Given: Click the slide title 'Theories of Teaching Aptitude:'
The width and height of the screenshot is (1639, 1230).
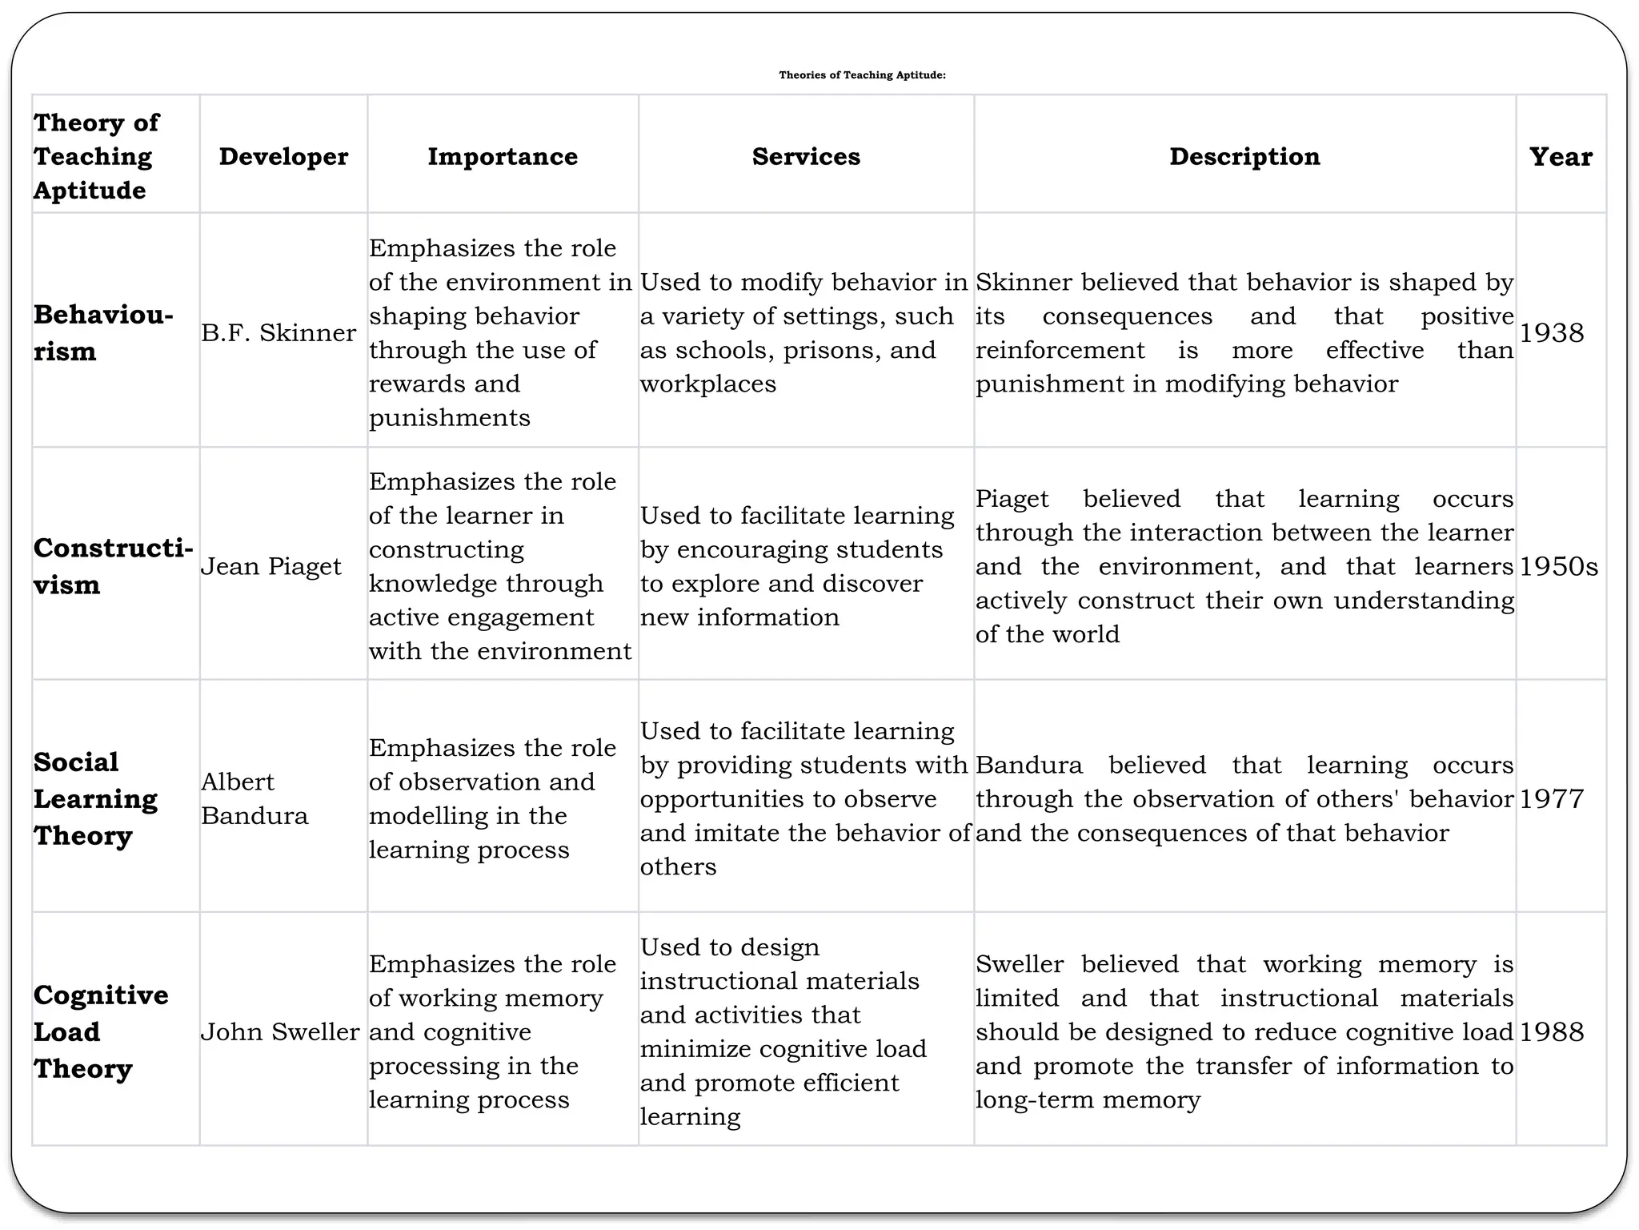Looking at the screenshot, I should tap(862, 75).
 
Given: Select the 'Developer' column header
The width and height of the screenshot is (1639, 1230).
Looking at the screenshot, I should tap(283, 156).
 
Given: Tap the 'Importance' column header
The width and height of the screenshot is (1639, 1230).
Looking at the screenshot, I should tap(503, 156).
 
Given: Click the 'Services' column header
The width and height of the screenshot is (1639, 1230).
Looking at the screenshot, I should tap(806, 156).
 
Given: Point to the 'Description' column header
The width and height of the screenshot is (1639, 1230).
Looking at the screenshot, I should tap(1244, 156).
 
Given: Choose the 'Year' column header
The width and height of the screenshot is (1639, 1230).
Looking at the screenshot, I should tap(1561, 156).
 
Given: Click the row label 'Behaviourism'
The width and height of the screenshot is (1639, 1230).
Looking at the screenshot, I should tap(103, 332).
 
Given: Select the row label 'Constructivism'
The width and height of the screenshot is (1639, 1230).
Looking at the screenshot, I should tap(113, 565).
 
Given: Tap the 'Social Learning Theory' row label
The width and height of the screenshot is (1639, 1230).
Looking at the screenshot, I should tap(95, 798).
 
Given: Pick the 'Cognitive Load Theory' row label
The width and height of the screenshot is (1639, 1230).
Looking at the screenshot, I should tap(101, 1031).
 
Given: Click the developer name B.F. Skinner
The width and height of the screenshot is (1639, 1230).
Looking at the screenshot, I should tap(279, 332).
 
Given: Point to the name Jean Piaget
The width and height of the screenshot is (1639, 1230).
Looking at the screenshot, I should tap(270, 566).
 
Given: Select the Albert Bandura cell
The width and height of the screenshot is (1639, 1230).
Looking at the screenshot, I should tap(254, 798).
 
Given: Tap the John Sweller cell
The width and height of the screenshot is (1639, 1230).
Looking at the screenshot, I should tap(280, 1031).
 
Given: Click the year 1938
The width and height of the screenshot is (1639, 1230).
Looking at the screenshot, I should tap(1551, 332).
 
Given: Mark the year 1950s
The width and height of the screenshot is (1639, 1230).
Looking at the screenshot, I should tap(1558, 566).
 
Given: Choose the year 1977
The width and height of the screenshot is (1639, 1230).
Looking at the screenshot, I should tap(1551, 798).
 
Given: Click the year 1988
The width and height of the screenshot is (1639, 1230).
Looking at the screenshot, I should tap(1551, 1031).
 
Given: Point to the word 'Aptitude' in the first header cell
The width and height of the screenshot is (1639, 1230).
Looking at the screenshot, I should tap(90, 191).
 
